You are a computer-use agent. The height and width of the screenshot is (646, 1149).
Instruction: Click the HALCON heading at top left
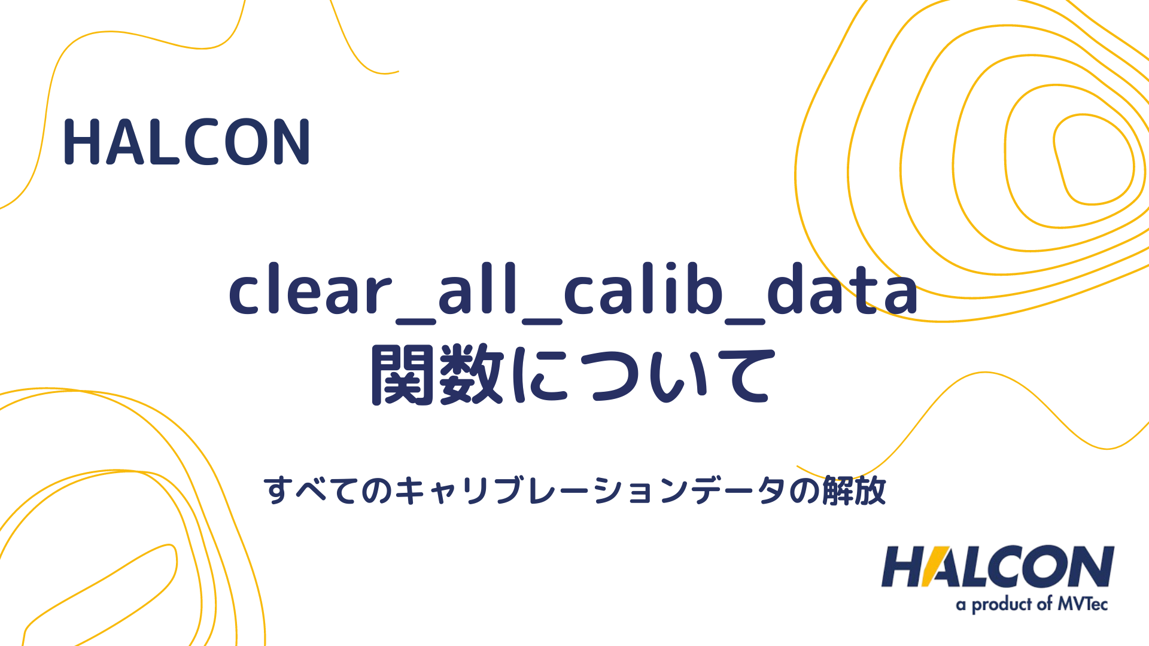click(x=187, y=142)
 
